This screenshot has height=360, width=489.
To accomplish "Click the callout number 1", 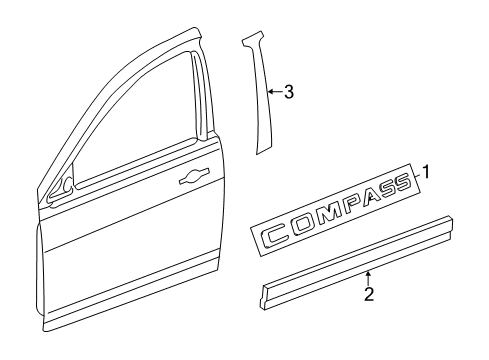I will tap(425, 171).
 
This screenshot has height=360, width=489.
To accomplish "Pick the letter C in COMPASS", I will tap(274, 236).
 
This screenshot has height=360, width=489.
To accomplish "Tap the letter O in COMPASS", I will tap(301, 226).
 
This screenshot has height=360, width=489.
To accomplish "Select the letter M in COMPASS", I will tap(327, 216).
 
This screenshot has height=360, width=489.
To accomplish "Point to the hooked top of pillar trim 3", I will tap(246, 41).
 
